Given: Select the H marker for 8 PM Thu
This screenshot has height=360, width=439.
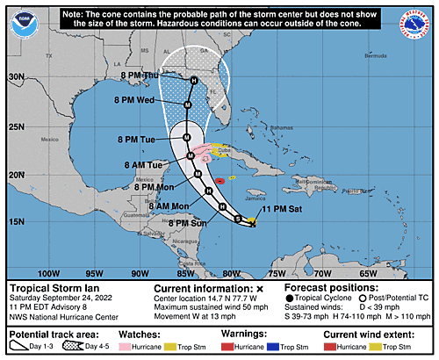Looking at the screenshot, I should coord(194,81).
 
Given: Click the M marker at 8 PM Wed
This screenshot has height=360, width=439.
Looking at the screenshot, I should coord(188,104).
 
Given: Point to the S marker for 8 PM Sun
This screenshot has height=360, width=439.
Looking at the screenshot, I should coord(237,217).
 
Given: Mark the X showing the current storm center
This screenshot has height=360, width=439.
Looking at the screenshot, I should coord(253,225).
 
